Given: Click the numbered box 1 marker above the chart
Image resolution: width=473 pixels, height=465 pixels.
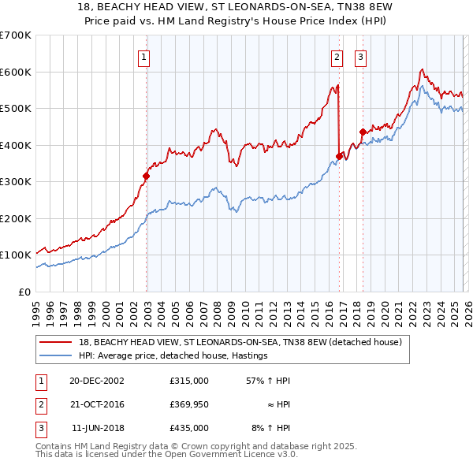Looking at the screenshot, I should pyautogui.click(x=146, y=56).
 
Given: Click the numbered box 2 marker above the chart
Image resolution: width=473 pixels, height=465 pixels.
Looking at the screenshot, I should pyautogui.click(x=337, y=56).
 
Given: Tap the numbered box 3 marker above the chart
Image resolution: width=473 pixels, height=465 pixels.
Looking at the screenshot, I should pyautogui.click(x=360, y=56).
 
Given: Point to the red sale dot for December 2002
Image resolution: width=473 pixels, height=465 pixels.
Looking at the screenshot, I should pyautogui.click(x=147, y=177).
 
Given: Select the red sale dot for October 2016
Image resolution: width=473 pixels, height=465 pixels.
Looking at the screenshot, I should pyautogui.click(x=339, y=156).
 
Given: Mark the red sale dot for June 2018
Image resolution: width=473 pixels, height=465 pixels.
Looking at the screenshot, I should pyautogui.click(x=362, y=132).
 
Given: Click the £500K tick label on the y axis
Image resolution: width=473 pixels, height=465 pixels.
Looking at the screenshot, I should pyautogui.click(x=15, y=108).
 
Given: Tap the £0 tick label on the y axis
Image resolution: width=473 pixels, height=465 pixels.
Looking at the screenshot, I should pyautogui.click(x=24, y=292).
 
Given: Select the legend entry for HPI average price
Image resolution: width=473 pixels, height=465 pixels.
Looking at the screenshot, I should pyautogui.click(x=173, y=355).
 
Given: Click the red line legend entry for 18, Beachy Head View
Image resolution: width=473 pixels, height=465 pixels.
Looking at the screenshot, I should pyautogui.click(x=240, y=342).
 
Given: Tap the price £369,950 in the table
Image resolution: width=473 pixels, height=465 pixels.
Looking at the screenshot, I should pyautogui.click(x=188, y=404).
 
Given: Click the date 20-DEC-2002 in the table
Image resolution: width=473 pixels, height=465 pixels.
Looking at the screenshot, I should pyautogui.click(x=97, y=381).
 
